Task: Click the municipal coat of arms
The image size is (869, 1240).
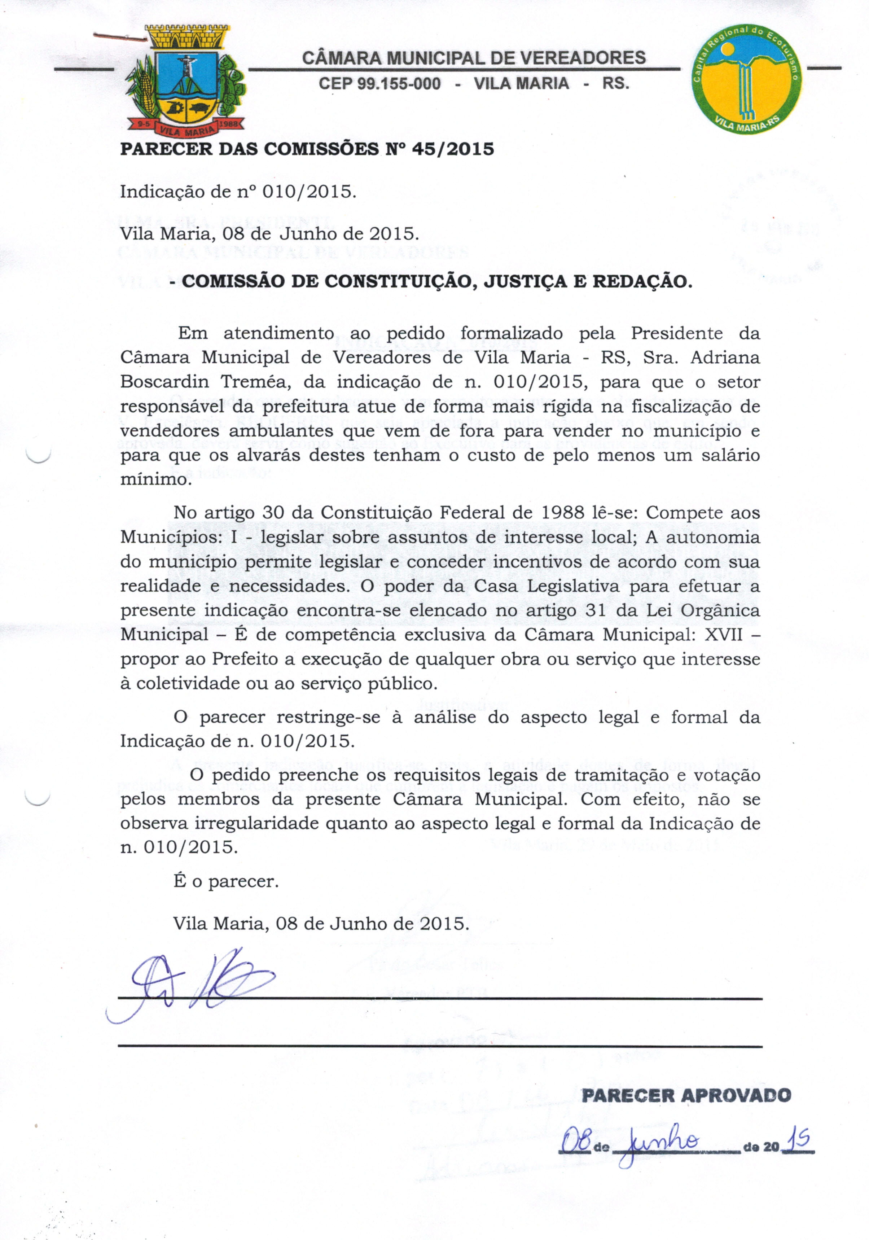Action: [185, 81]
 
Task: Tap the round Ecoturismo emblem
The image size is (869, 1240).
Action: [747, 78]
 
